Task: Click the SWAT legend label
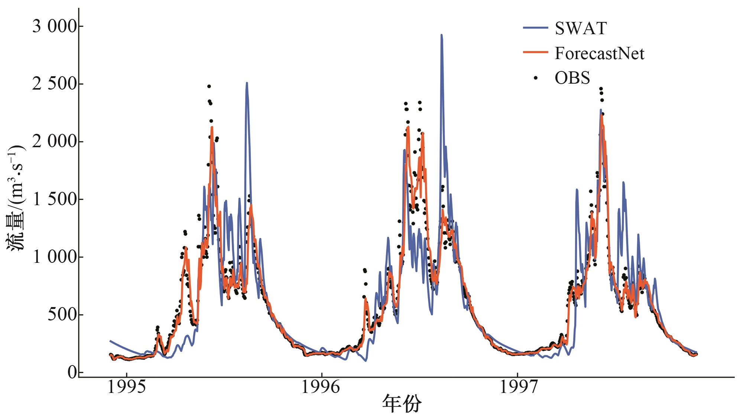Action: (581, 28)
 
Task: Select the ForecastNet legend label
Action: (599, 53)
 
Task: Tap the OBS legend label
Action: (572, 78)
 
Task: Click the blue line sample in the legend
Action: (535, 28)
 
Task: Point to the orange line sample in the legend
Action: (535, 52)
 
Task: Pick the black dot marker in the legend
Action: (535, 78)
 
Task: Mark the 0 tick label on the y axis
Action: (72, 372)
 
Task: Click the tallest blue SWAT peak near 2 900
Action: (441, 35)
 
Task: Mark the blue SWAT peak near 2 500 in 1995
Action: (247, 83)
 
